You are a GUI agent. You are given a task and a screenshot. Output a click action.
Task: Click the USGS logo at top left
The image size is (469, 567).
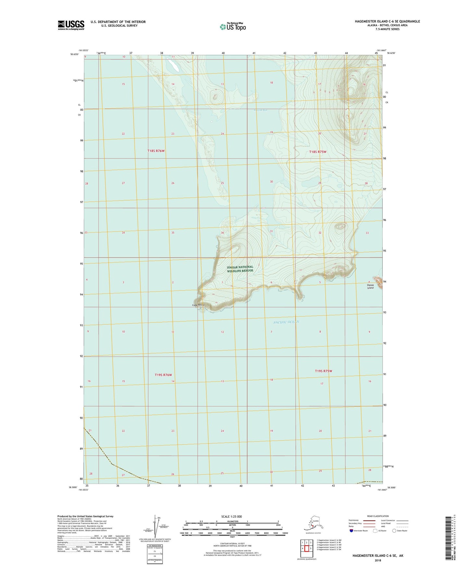click(71, 25)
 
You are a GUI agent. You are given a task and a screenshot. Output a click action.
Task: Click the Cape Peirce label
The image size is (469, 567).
click(198, 305)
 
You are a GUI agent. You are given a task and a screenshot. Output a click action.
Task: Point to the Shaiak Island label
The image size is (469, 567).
click(370, 286)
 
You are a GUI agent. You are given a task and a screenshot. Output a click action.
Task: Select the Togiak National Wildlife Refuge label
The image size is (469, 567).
click(240, 269)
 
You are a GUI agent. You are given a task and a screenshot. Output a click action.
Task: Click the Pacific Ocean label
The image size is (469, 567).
click(286, 322)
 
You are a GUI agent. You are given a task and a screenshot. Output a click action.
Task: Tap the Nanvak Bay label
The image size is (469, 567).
click(261, 110)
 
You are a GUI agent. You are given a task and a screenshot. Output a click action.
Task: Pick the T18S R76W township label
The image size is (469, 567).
click(156, 151)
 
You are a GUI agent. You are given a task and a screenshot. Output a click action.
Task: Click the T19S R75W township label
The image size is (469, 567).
click(324, 371)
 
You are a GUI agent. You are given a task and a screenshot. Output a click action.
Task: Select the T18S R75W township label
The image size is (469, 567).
click(318, 152)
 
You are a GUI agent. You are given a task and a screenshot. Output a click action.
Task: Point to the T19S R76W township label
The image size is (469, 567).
click(163, 375)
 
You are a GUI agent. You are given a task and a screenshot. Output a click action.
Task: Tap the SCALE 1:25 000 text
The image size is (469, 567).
click(231, 516)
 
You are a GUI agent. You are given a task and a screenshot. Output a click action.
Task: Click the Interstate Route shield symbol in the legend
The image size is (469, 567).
click(352, 531)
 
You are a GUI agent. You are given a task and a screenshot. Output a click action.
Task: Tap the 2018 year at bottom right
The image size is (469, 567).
click(378, 560)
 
